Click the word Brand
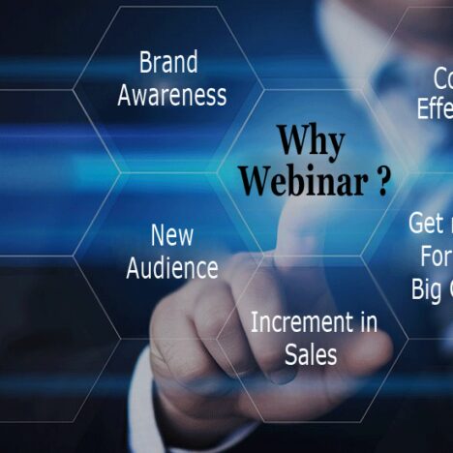[x=168, y=63]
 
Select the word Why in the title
[x=310, y=142]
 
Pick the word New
[x=172, y=235]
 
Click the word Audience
[x=172, y=267]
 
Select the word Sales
[x=311, y=354]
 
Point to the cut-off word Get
[x=426, y=224]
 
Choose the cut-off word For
[x=436, y=257]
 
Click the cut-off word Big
[x=427, y=289]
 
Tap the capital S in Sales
[x=290, y=354]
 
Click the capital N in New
[x=158, y=235]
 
